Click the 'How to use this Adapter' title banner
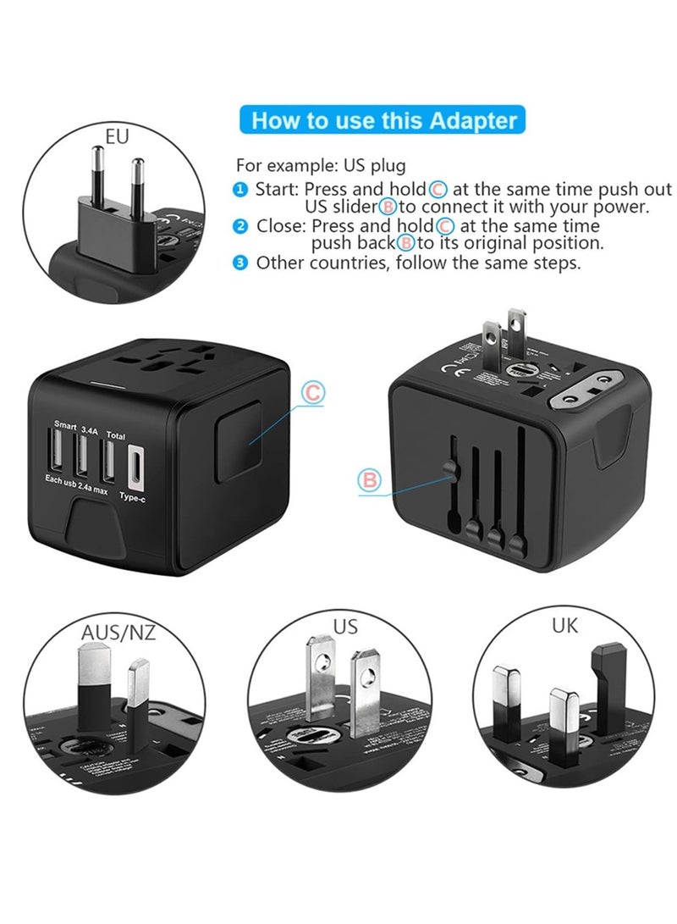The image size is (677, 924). click(x=383, y=120)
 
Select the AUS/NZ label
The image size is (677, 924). click(x=118, y=633)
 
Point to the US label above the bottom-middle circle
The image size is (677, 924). click(x=345, y=627)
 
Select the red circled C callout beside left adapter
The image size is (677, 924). click(x=313, y=392)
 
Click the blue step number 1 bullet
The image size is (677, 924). click(x=241, y=190)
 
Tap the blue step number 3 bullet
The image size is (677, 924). click(x=241, y=263)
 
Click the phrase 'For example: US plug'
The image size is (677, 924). click(x=321, y=165)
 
